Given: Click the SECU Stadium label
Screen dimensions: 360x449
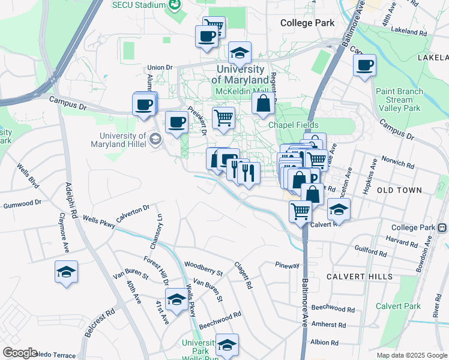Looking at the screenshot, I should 138,5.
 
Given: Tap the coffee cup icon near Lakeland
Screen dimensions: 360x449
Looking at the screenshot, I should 364,65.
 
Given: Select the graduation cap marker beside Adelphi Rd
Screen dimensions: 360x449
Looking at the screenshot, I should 66,272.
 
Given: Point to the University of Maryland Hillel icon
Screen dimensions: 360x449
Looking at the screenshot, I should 155,139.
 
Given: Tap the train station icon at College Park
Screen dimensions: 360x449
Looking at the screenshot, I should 443,228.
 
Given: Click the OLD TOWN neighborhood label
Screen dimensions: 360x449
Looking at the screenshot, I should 399,190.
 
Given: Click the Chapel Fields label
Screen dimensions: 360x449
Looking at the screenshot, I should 291,125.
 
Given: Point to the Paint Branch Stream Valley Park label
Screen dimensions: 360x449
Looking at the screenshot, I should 399,100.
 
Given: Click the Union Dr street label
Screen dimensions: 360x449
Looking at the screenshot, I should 160,68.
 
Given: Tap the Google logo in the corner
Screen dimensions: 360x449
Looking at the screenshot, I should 20,353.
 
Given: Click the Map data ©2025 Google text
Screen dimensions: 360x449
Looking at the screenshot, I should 411,355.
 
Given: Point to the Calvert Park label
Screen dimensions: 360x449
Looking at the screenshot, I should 398,306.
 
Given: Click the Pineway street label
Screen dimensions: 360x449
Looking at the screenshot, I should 287,265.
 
